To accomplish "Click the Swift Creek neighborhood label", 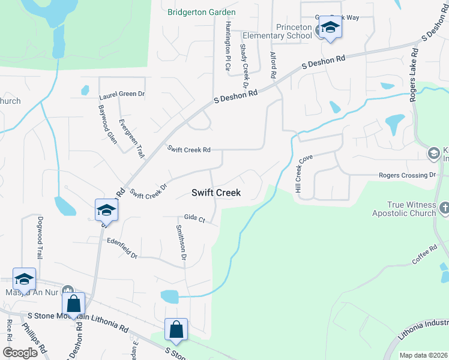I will click(216, 193).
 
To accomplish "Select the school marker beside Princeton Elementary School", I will click(330, 28).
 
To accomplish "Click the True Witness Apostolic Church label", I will click(403, 209).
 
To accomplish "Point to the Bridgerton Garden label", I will click(202, 12).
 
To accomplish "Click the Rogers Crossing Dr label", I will click(407, 175).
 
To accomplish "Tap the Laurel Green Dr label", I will click(122, 94).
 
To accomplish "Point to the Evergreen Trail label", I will click(131, 139).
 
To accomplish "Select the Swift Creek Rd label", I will click(188, 149).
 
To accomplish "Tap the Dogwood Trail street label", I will click(40, 237).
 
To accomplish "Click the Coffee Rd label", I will click(424, 254).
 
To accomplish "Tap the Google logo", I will click(20, 353).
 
